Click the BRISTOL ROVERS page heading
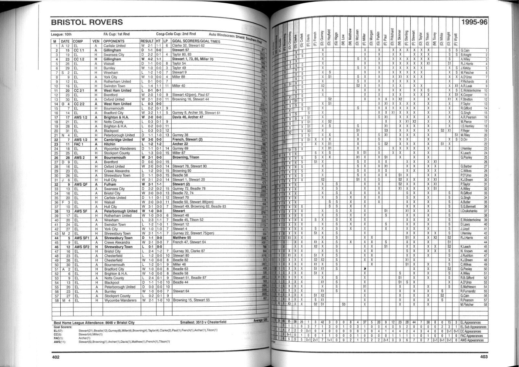click(x=87, y=22)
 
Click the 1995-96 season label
click(x=474, y=22)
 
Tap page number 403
click(x=484, y=357)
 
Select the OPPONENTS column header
click(x=114, y=41)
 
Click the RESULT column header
click(x=147, y=41)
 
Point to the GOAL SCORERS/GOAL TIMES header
click(x=196, y=42)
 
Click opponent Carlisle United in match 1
click(x=115, y=46)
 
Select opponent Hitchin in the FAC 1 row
click(x=109, y=144)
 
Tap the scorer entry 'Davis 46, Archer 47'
click(x=188, y=117)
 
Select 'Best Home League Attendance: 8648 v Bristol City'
click(x=94, y=323)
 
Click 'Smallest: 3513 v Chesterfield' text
click(x=203, y=322)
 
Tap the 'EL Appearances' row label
click(x=473, y=323)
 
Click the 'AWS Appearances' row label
click(x=473, y=340)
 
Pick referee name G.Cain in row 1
click(x=465, y=51)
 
